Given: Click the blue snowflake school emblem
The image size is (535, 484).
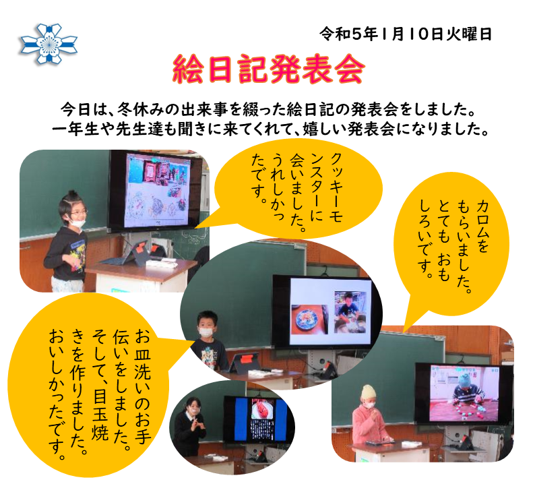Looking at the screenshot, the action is click(49, 44).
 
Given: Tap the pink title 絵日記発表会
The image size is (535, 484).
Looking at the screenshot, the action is click(269, 69).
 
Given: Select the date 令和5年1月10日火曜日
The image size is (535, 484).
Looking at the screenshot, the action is click(406, 34).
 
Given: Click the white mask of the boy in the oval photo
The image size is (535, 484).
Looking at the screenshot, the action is click(206, 332).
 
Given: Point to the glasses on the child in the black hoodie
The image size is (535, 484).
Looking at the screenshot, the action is click(77, 212).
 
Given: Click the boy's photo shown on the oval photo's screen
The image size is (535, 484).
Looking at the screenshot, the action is click(350, 312).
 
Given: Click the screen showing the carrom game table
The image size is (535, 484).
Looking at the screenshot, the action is click(464, 392).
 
